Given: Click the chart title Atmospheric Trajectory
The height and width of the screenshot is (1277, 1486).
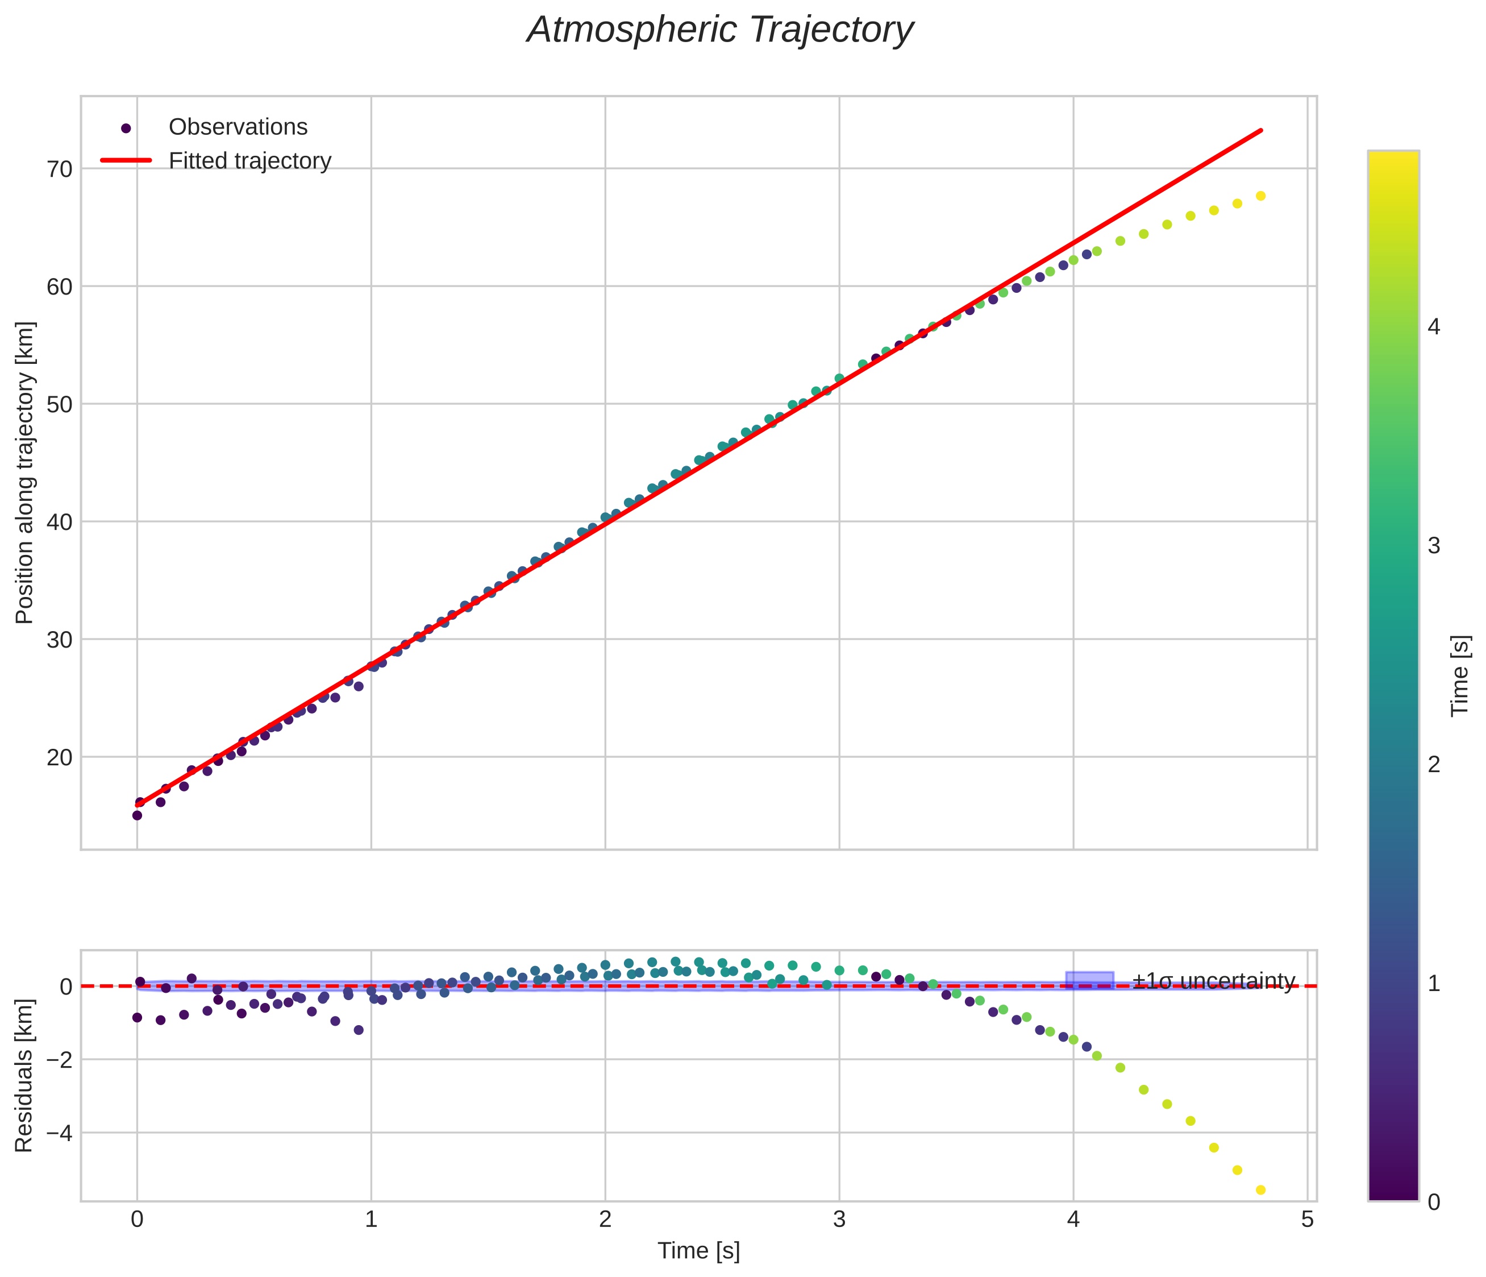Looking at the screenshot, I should [x=719, y=30].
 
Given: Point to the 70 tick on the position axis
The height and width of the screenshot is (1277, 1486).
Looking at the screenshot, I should [x=60, y=169].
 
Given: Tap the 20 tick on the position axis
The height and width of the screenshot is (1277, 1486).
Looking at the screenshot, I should [x=60, y=757].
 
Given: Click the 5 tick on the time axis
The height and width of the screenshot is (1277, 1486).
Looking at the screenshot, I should [x=1308, y=1220].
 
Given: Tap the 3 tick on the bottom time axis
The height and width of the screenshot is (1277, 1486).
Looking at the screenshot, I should [x=839, y=1220].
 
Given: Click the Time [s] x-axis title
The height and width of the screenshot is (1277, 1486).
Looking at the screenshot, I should [x=698, y=1250].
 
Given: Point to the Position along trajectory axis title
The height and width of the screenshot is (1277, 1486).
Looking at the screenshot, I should [x=25, y=473].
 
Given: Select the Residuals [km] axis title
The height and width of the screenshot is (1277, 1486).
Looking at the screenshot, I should [x=25, y=1075].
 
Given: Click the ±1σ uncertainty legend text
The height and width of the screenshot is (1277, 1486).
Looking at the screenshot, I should [x=1213, y=981].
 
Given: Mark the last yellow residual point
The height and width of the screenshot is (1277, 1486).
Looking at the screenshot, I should [x=1260, y=1190].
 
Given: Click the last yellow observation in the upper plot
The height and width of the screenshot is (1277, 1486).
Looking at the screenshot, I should [x=1260, y=196].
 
